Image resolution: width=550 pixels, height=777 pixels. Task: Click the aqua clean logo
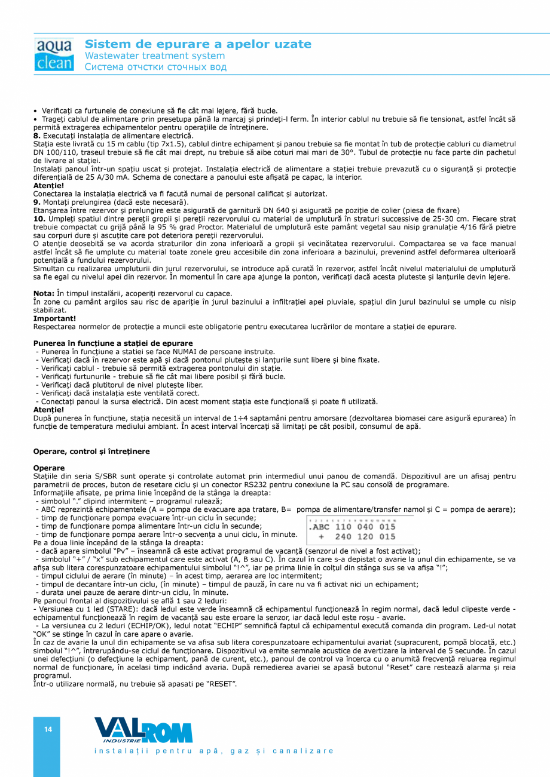54,55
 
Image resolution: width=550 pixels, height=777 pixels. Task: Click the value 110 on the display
343,527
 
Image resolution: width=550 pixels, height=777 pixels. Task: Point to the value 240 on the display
343,537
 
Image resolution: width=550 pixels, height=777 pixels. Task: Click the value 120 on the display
365,537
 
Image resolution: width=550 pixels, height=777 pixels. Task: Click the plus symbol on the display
321,537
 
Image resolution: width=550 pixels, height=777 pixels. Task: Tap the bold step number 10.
39,219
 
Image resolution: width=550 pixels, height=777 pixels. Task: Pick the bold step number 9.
37,202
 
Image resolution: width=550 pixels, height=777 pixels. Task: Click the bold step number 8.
37,136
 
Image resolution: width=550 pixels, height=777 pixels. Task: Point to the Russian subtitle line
155,67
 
